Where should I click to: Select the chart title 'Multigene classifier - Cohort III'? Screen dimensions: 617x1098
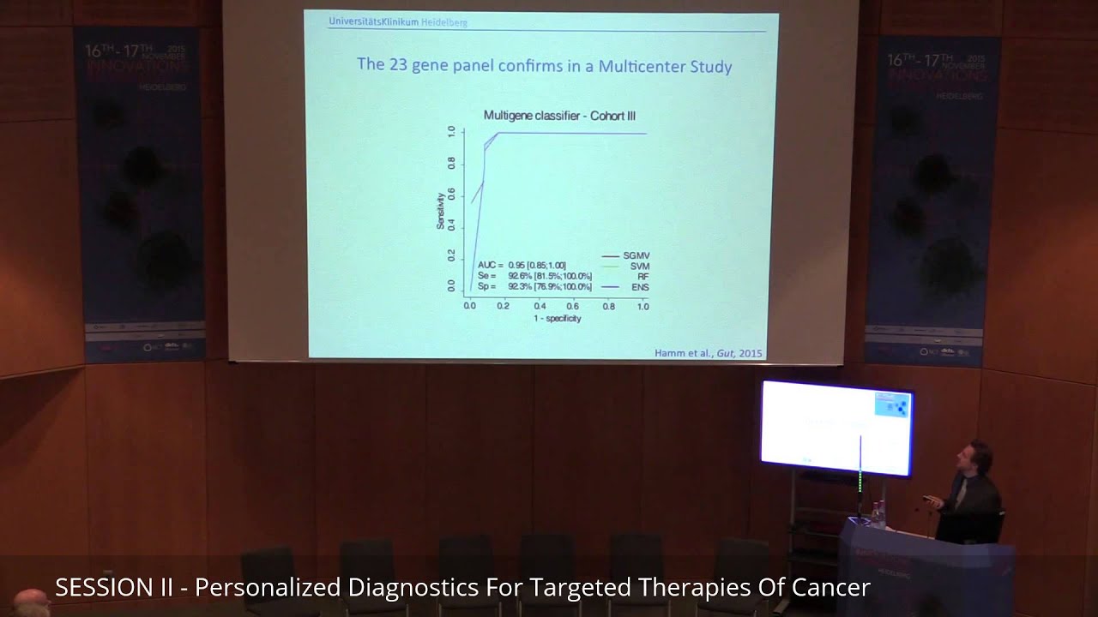pos(559,115)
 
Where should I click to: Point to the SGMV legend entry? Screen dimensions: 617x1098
pos(636,256)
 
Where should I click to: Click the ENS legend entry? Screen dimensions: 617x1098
pos(640,287)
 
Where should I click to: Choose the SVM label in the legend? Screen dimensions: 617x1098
pos(639,267)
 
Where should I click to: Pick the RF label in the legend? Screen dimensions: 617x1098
pos(643,277)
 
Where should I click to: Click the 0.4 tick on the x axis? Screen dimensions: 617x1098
pos(540,305)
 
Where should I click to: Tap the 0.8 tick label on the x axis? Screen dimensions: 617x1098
pos(608,305)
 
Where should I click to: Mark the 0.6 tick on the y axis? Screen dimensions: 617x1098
pos(452,194)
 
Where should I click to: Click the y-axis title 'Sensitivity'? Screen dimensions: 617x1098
pos(441,210)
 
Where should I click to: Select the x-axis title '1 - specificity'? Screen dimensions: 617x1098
pos(557,319)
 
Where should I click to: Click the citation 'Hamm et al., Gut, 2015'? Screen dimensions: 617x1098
pos(708,353)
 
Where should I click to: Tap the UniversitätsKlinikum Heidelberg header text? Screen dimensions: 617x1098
pos(398,22)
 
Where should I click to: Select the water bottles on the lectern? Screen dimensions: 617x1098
pos(878,512)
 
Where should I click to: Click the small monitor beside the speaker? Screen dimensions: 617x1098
pos(836,427)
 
